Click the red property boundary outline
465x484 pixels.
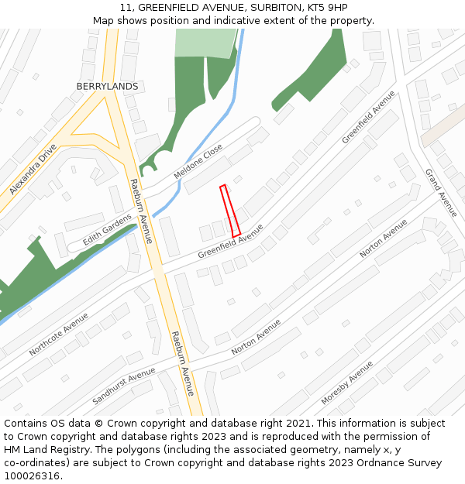click(x=230, y=211)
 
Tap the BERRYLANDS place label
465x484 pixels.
click(x=107, y=87)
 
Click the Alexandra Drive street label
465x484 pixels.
click(x=33, y=169)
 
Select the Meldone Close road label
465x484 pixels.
click(x=198, y=161)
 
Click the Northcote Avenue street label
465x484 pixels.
click(x=59, y=335)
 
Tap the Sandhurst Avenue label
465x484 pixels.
click(x=124, y=386)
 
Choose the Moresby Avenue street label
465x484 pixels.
click(x=347, y=383)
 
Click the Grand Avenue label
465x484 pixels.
click(x=441, y=192)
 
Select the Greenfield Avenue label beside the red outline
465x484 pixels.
click(x=230, y=242)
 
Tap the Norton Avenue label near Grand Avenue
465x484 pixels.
click(x=384, y=239)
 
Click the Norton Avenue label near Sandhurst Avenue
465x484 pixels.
click(x=256, y=337)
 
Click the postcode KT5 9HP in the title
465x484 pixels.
click(x=325, y=8)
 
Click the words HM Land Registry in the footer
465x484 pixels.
click(x=49, y=449)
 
